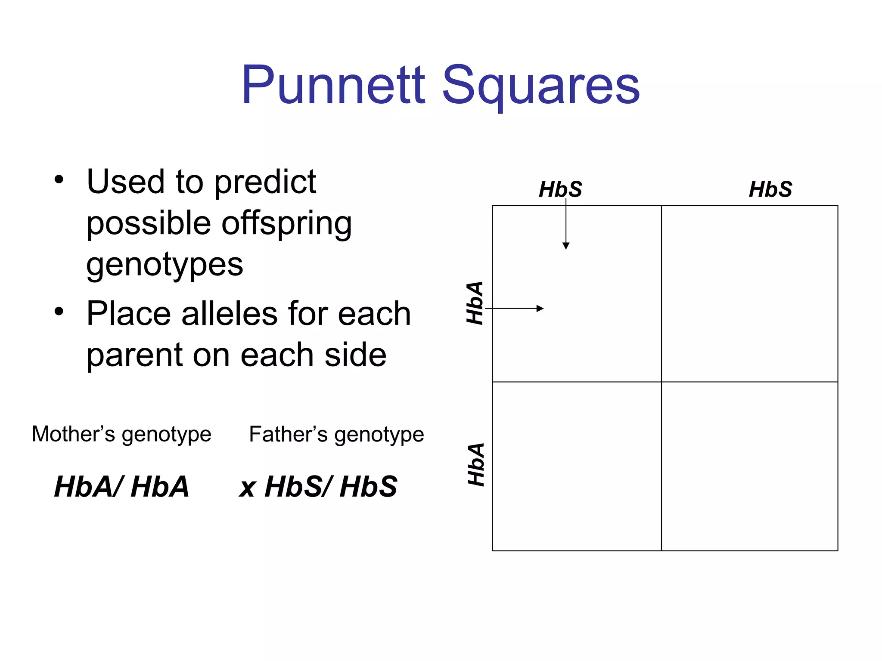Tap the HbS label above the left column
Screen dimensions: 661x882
[560, 189]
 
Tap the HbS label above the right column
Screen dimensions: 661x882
[770, 189]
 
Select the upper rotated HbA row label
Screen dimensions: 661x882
[475, 303]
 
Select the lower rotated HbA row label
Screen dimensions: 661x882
[476, 465]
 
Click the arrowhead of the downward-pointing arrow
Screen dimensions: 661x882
[566, 246]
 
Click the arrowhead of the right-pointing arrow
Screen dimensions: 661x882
[540, 308]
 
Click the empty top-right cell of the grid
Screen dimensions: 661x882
[749, 293]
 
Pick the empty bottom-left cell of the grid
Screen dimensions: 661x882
[577, 466]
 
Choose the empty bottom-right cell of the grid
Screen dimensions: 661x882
[749, 466]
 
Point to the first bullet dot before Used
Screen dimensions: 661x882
[59, 179]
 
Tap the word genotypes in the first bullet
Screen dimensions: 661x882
[165, 265]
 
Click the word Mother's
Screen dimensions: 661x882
[73, 434]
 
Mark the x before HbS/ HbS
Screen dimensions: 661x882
[248, 488]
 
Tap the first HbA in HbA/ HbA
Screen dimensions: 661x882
[85, 487]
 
